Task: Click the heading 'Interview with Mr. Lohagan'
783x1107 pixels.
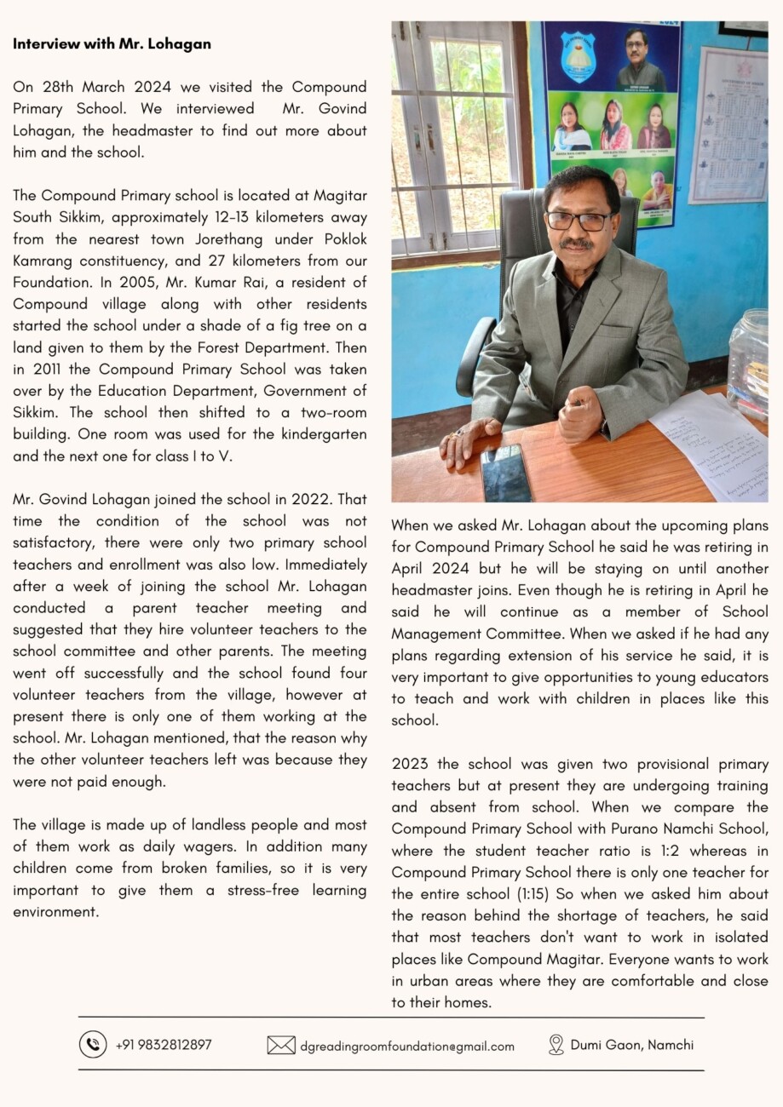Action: pyautogui.click(x=112, y=43)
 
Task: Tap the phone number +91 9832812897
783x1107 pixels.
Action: pyautogui.click(x=164, y=1044)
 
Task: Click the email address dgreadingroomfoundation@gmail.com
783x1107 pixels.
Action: pyautogui.click(x=407, y=1046)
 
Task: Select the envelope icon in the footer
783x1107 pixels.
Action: pyautogui.click(x=281, y=1045)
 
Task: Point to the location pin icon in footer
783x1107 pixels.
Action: pyautogui.click(x=556, y=1045)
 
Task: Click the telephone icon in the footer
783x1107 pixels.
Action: pyautogui.click(x=92, y=1044)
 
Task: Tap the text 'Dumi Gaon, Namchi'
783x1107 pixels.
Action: pyautogui.click(x=632, y=1045)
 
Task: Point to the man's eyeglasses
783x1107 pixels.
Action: pyautogui.click(x=579, y=220)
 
